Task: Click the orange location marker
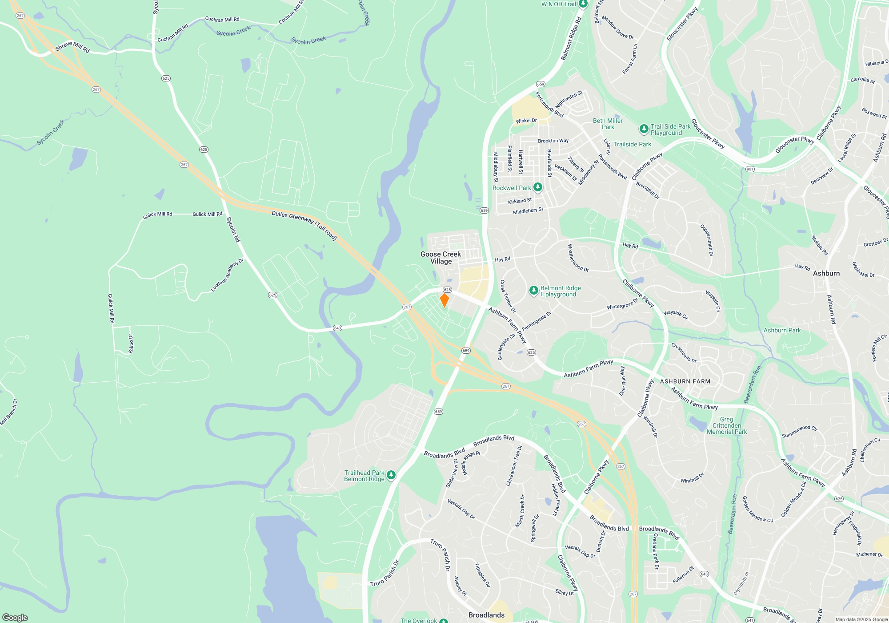coord(444,300)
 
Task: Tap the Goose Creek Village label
coord(440,258)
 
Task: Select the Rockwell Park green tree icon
coord(537,187)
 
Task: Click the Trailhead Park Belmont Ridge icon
coord(391,475)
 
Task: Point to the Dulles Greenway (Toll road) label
coord(304,225)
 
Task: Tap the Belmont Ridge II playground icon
coord(533,291)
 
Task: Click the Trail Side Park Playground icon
coord(644,129)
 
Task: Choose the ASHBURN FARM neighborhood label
coord(685,381)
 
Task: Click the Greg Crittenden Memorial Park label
coord(727,425)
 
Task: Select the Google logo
coord(15,617)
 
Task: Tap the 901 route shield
coord(750,169)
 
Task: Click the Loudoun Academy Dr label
coord(227,275)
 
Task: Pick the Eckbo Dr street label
coord(131,344)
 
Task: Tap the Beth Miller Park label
coord(608,124)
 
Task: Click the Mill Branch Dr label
coord(9,412)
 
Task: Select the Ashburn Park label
coord(782,330)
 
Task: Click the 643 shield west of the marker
coord(337,328)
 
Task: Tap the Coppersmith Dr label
coord(707,240)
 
